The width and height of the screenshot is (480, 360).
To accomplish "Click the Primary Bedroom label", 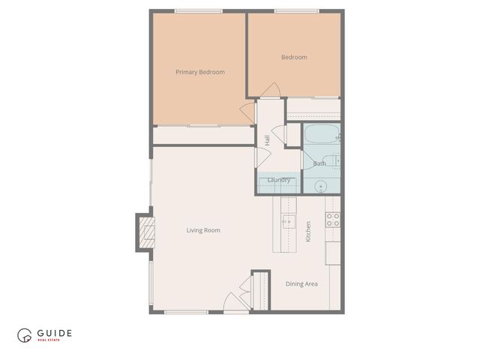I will tap(200, 73).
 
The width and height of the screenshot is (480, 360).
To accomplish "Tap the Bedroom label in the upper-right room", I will tap(294, 58).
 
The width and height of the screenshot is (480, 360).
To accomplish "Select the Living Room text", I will tap(203, 230).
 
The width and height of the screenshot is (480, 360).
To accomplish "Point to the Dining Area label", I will tap(301, 284).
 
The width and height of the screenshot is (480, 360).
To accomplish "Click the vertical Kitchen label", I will tap(308, 231).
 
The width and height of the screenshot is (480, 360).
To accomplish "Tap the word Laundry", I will tap(278, 180).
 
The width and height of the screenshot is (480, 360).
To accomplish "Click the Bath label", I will tap(319, 163).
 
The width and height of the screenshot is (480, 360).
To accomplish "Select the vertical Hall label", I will tap(267, 139).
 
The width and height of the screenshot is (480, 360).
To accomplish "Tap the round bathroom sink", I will tap(321, 186).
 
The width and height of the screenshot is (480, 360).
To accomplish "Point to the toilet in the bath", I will tap(337, 159).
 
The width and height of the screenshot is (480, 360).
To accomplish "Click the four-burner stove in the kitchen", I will tap(332, 219).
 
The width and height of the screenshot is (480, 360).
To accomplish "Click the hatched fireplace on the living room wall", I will tap(147, 232).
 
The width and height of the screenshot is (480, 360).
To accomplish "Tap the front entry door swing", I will tap(233, 302).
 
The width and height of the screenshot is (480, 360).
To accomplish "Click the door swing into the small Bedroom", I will tap(271, 90).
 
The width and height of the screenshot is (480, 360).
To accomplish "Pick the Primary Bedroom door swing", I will tap(248, 112).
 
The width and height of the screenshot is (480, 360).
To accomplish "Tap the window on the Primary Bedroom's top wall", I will tap(199, 11).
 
